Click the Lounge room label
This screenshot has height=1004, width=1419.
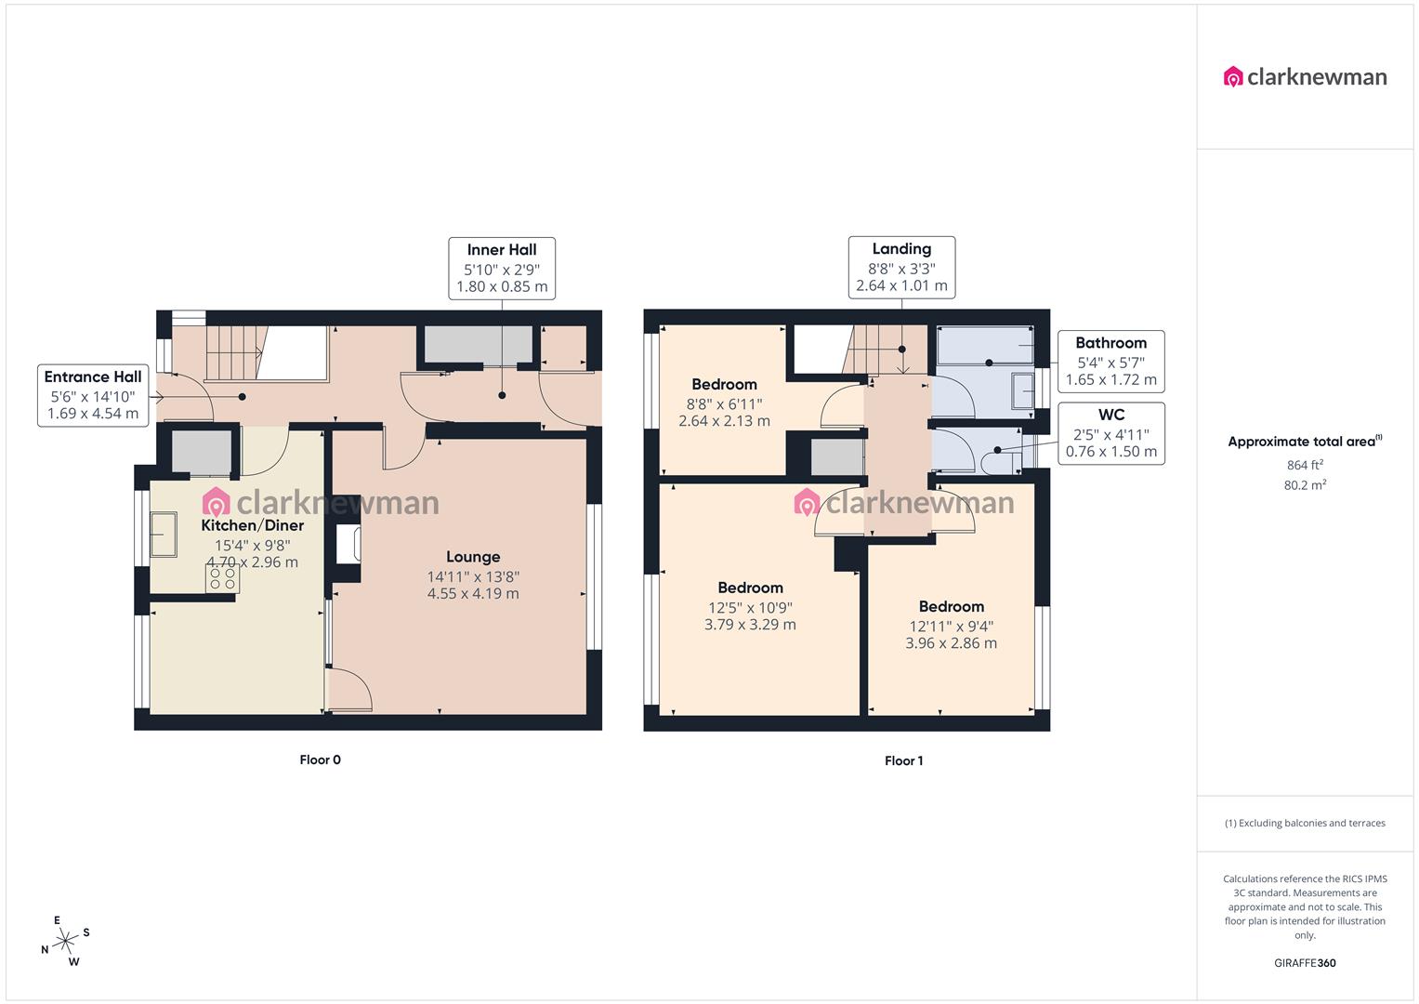[473, 557]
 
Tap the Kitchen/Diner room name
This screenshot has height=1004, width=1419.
[253, 525]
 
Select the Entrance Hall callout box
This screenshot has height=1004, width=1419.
[93, 395]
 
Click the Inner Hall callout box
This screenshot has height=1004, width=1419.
[502, 268]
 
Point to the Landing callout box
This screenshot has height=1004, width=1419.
[901, 267]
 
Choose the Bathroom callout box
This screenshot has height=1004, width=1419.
[1110, 361]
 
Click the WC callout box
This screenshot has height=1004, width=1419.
[1110, 433]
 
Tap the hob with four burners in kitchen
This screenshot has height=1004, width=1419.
[223, 579]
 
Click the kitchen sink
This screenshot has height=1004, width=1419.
[164, 535]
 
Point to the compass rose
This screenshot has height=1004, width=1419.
[66, 942]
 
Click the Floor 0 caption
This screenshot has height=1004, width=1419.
[320, 760]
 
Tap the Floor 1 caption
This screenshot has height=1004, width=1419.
[903, 760]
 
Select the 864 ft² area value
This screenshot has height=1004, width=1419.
[1305, 465]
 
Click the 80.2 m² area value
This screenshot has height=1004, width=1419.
[1305, 484]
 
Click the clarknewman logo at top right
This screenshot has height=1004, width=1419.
[1305, 77]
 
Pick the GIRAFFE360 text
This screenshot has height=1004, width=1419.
[1305, 963]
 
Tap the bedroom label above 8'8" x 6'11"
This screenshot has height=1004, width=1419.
[724, 384]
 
